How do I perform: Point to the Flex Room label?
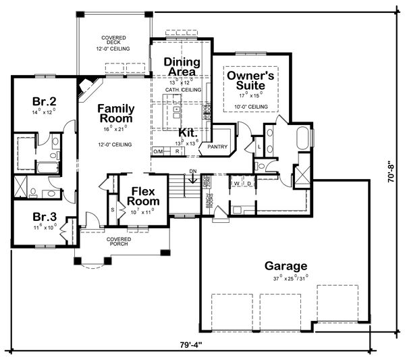144,196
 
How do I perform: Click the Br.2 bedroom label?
43,102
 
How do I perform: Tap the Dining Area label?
180,67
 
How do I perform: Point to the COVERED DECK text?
111,40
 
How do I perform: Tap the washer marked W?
238,183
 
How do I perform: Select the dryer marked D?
250,183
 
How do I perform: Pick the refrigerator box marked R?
177,151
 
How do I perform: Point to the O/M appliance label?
159,151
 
